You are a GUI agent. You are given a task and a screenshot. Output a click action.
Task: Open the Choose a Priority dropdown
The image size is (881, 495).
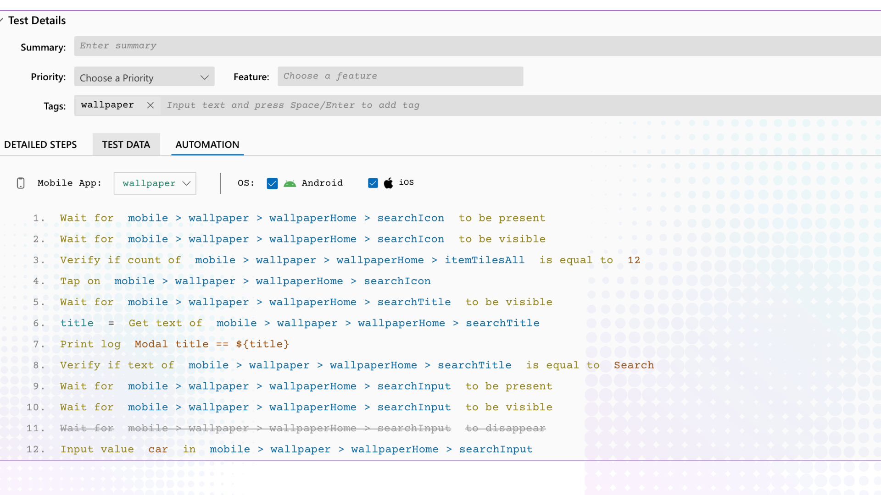[144, 77]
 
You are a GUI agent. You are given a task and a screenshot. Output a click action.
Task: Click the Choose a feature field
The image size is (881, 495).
[400, 77]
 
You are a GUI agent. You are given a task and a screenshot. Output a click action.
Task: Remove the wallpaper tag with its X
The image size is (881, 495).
[150, 105]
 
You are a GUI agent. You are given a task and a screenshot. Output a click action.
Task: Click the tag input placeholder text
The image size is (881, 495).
[293, 105]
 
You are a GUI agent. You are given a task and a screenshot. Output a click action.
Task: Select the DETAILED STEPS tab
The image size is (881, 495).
[40, 145]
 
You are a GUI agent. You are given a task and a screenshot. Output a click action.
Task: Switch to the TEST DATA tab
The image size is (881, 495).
[126, 145]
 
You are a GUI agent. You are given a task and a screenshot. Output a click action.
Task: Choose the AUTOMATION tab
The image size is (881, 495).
[207, 145]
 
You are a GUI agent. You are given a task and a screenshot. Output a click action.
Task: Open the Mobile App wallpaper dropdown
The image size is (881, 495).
[155, 183]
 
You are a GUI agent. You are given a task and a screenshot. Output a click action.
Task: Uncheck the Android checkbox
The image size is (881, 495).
[272, 183]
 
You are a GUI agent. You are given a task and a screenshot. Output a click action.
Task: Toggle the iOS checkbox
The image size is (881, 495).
[373, 183]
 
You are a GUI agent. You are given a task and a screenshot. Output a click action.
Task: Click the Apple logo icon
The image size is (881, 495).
[389, 183]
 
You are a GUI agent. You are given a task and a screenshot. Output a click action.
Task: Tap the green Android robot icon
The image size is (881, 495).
[290, 183]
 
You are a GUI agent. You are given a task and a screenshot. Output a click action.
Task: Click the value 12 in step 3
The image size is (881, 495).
[634, 260]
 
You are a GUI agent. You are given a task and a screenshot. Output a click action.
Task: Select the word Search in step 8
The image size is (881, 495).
[634, 365]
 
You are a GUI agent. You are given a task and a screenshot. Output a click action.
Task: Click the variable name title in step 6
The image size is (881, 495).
[77, 323]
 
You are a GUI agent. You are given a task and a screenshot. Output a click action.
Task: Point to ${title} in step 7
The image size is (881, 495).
[262, 344]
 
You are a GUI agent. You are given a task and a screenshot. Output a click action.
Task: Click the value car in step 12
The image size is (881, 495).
[158, 450]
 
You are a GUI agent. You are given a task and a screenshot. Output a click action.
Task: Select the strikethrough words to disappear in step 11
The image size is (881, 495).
[505, 429]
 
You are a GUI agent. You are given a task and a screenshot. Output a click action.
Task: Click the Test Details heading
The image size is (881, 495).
[37, 21]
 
